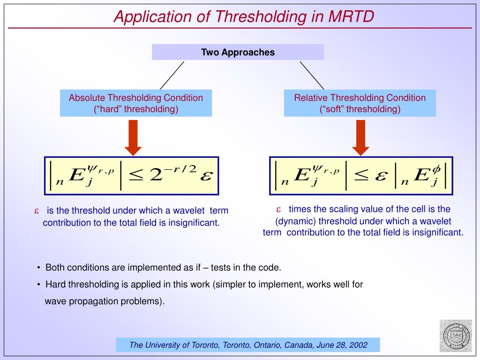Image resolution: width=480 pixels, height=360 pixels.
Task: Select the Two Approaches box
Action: click(x=238, y=52)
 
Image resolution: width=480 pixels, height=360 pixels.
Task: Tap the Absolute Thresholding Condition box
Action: click(x=135, y=103)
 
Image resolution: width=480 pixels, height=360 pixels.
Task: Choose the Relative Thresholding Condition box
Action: click(x=360, y=103)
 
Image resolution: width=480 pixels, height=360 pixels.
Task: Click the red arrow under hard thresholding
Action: click(x=133, y=137)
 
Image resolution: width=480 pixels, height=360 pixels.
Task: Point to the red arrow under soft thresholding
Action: click(x=360, y=137)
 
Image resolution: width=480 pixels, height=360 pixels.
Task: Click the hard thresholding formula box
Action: click(x=132, y=176)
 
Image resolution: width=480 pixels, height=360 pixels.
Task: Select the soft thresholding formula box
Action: click(x=361, y=176)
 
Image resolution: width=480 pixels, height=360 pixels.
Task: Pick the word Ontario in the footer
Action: click(x=267, y=345)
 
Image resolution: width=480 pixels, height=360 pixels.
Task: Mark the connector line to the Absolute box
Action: click(x=172, y=75)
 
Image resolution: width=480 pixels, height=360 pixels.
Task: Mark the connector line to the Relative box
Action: click(x=312, y=75)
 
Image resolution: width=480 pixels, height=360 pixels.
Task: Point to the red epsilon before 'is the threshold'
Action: click(x=36, y=211)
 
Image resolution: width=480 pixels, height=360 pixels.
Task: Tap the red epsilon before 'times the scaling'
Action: click(x=278, y=209)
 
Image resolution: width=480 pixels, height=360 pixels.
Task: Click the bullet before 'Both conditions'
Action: click(x=39, y=268)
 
